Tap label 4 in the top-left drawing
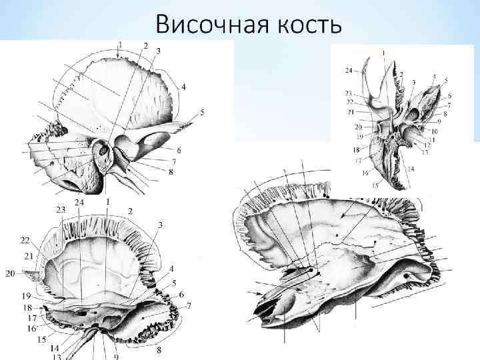click(183, 87)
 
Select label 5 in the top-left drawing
click(202, 111)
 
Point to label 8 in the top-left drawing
click(171, 171)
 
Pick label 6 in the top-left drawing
click(179, 150)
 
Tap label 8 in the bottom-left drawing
click(159, 350)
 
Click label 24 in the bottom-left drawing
click(79, 202)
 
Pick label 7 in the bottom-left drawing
click(190, 306)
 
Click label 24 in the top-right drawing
click(349, 70)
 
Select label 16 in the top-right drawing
click(365, 172)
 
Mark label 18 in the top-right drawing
click(356, 150)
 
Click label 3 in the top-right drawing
click(413, 81)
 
